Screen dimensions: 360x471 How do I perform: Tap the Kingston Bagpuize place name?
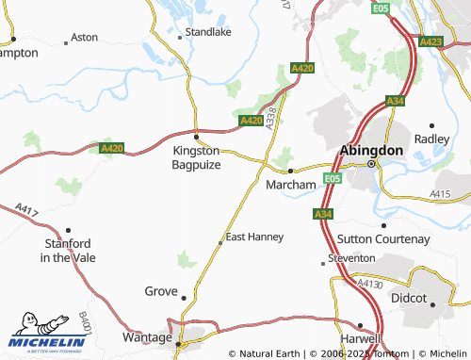196,157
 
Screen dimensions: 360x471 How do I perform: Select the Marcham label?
290,185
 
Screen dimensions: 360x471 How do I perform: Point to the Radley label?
432,138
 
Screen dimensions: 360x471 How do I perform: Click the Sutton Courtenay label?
383,239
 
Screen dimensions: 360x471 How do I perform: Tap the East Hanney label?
254,237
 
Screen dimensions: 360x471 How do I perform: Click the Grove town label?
160,291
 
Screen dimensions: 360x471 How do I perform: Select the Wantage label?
147,336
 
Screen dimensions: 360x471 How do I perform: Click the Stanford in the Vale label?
64,250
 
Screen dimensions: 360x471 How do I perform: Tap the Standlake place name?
207,31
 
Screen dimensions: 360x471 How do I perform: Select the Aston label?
85,38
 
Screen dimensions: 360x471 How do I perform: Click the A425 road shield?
430,41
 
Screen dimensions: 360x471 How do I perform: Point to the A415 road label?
440,193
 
